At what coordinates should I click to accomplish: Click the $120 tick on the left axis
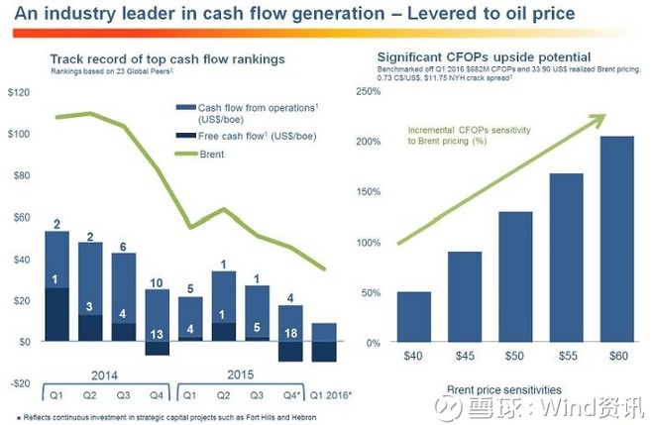pyautogui.click(x=19, y=92)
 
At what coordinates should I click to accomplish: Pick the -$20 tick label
pyautogui.click(x=19, y=382)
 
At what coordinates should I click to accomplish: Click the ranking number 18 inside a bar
pyautogui.click(x=291, y=334)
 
